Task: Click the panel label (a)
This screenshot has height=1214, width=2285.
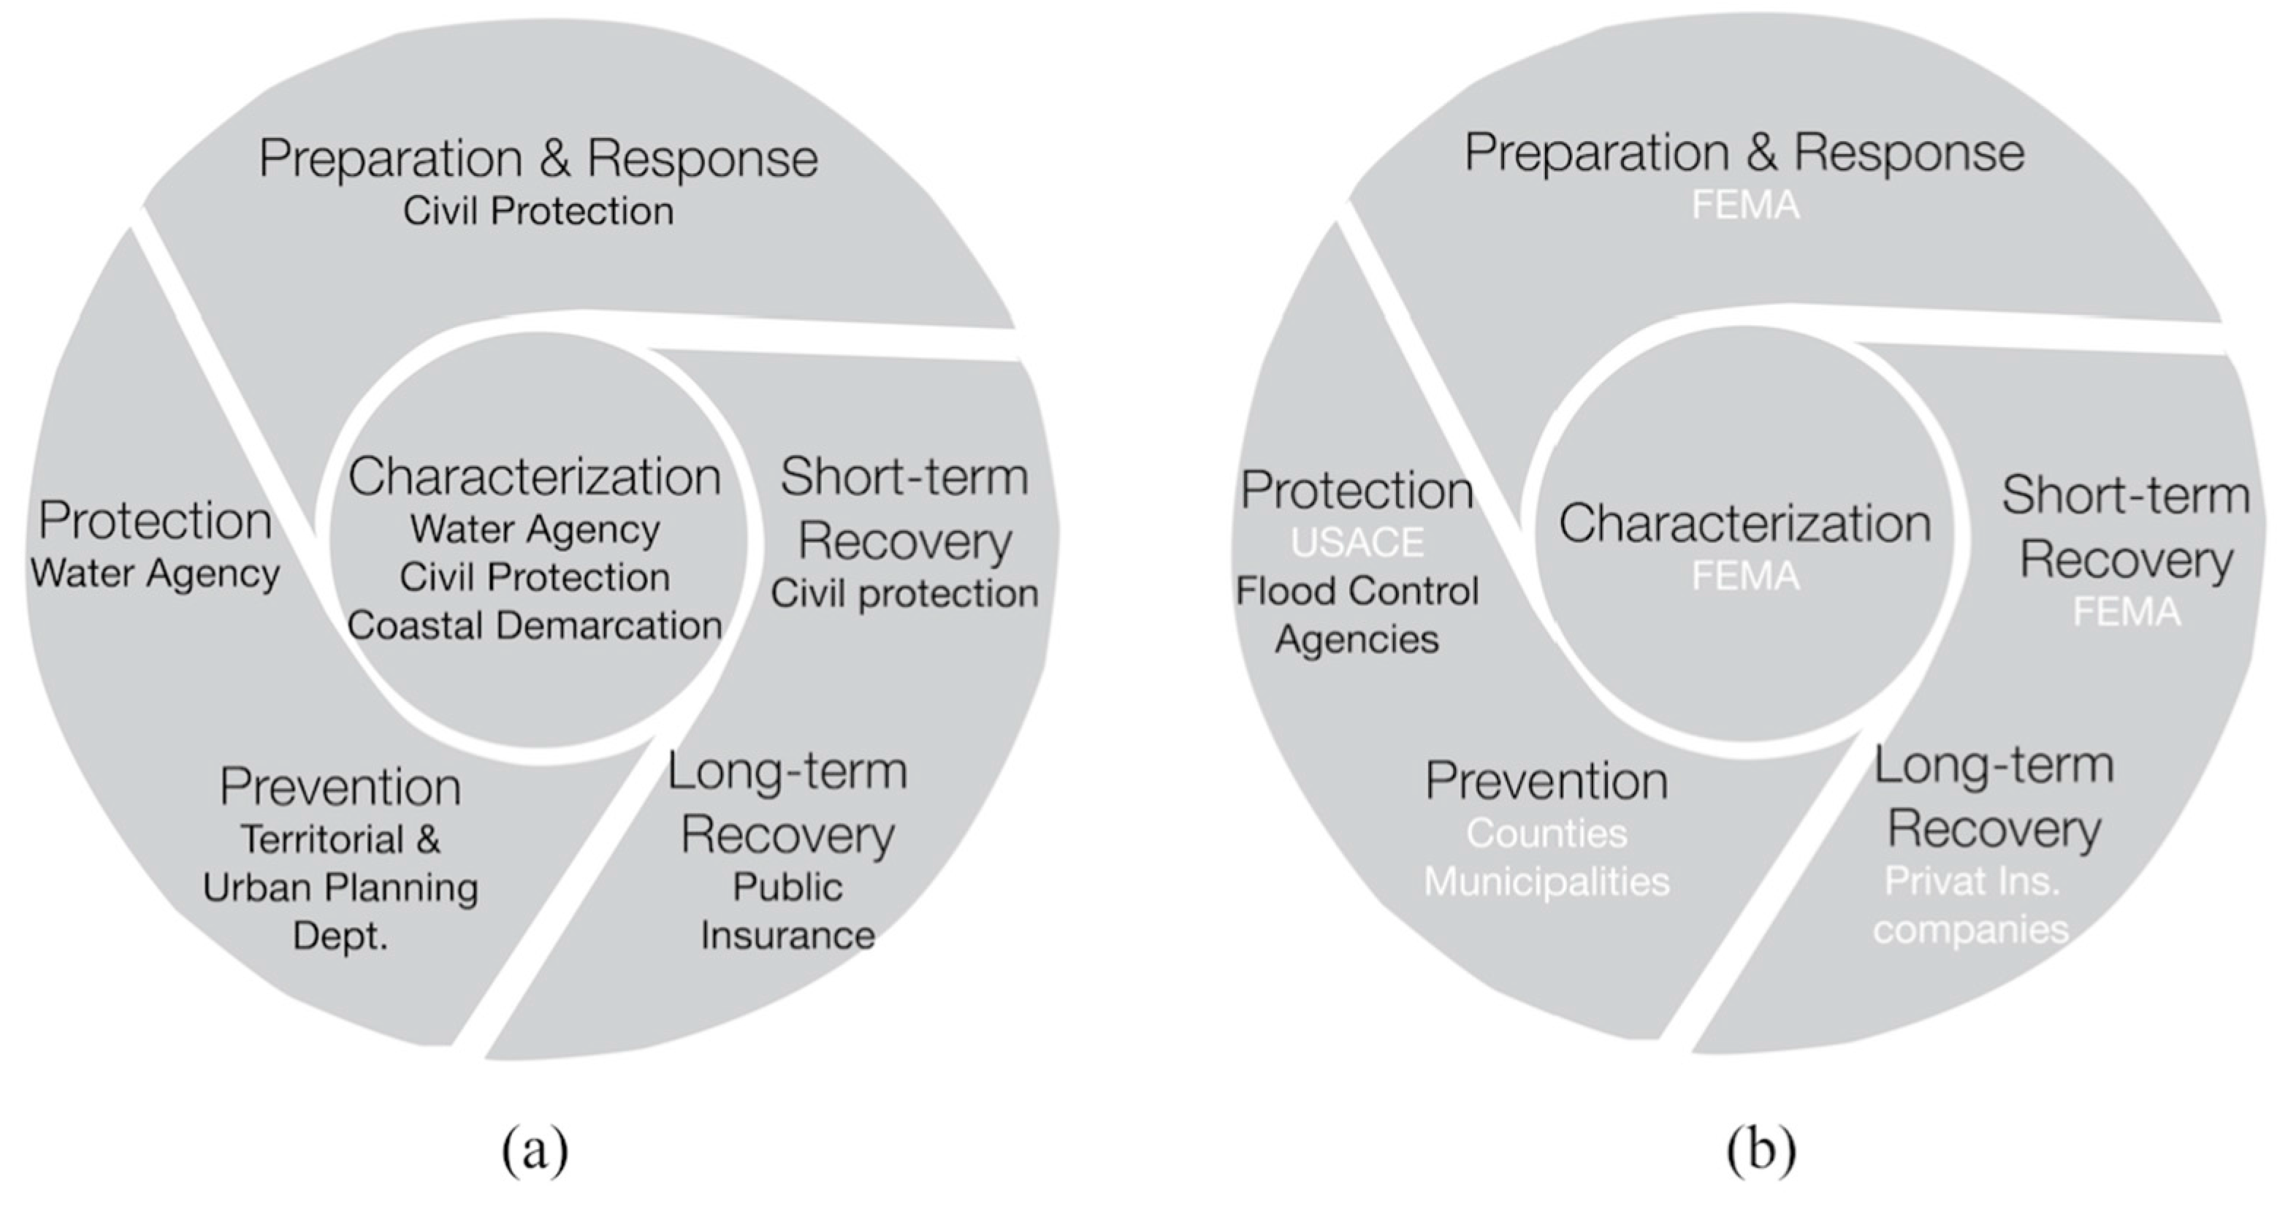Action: click(x=535, y=1150)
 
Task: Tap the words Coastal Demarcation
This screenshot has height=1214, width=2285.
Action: click(x=534, y=625)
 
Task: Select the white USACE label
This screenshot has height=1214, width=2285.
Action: click(x=1357, y=542)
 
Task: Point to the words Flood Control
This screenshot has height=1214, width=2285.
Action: click(x=1357, y=591)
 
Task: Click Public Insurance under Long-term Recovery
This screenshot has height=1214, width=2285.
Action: click(x=787, y=911)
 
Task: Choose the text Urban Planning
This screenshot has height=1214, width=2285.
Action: click(x=340, y=888)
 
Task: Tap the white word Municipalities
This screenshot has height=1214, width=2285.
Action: click(x=1547, y=882)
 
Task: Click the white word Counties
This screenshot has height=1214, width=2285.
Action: click(x=1547, y=833)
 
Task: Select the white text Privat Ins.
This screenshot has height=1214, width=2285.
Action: click(x=1972, y=881)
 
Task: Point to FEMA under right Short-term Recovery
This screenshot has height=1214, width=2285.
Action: click(x=2126, y=612)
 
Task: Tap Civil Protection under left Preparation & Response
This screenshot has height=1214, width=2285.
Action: click(x=538, y=211)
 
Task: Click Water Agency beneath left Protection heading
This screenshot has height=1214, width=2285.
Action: click(x=155, y=573)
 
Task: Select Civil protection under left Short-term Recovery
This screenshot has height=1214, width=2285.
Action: click(x=904, y=593)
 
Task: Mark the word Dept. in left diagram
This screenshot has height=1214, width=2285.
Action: click(x=340, y=936)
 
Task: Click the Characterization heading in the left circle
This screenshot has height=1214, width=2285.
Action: click(x=534, y=476)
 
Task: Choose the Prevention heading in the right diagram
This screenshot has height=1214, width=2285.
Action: click(x=1547, y=782)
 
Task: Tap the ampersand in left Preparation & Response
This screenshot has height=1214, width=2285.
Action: click(x=554, y=158)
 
